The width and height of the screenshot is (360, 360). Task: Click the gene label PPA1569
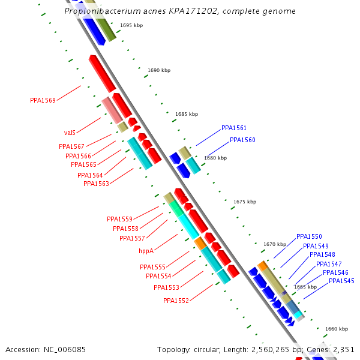[x=43, y=100]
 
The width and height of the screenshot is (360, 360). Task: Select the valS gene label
[x=70, y=133]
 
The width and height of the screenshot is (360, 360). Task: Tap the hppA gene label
[x=146, y=251]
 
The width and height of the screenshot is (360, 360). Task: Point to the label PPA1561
[x=234, y=128]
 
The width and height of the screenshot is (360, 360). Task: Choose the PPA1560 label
[x=242, y=140]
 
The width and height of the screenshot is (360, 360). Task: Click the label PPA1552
[x=176, y=301]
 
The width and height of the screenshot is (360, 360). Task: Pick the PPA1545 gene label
[x=341, y=281]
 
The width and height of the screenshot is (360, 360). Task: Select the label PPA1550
[x=309, y=237]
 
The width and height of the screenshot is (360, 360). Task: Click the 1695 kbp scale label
[x=131, y=25]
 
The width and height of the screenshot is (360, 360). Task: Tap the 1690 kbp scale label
[x=159, y=70]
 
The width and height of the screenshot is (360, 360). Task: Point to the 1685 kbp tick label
[x=187, y=113]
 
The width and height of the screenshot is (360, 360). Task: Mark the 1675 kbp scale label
[x=245, y=202]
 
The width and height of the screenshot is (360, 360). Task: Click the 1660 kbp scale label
[x=337, y=329]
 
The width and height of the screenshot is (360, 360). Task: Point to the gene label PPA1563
[x=96, y=184]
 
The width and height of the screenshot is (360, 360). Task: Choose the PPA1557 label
[x=132, y=238]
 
